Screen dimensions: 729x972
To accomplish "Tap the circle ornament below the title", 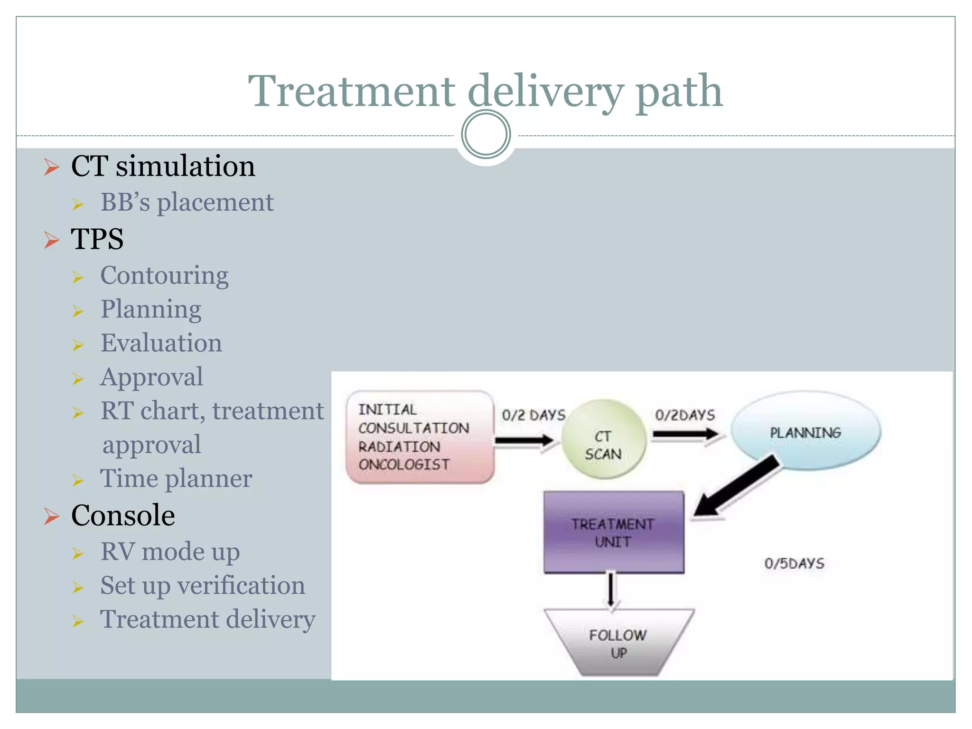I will (x=486, y=134).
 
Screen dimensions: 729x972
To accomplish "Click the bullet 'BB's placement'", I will (x=187, y=202).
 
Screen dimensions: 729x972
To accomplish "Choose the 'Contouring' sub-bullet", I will (x=164, y=275).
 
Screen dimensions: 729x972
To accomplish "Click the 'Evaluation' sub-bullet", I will (x=161, y=343).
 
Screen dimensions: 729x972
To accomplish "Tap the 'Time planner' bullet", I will (x=176, y=478).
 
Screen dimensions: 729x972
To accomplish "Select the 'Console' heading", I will (x=123, y=515).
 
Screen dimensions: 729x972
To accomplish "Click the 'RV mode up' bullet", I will (x=170, y=551).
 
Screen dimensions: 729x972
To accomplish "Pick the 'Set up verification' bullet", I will (x=203, y=586).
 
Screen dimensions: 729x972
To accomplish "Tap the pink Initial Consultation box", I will (x=420, y=437).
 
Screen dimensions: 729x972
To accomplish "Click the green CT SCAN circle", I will (x=603, y=439).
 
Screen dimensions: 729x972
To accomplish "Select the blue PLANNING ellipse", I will (x=805, y=430).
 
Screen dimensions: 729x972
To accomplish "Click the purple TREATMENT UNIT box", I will (x=614, y=532).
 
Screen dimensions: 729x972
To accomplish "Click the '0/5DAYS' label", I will (x=794, y=564).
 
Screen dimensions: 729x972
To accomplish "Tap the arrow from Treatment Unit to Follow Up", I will (x=611, y=590).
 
